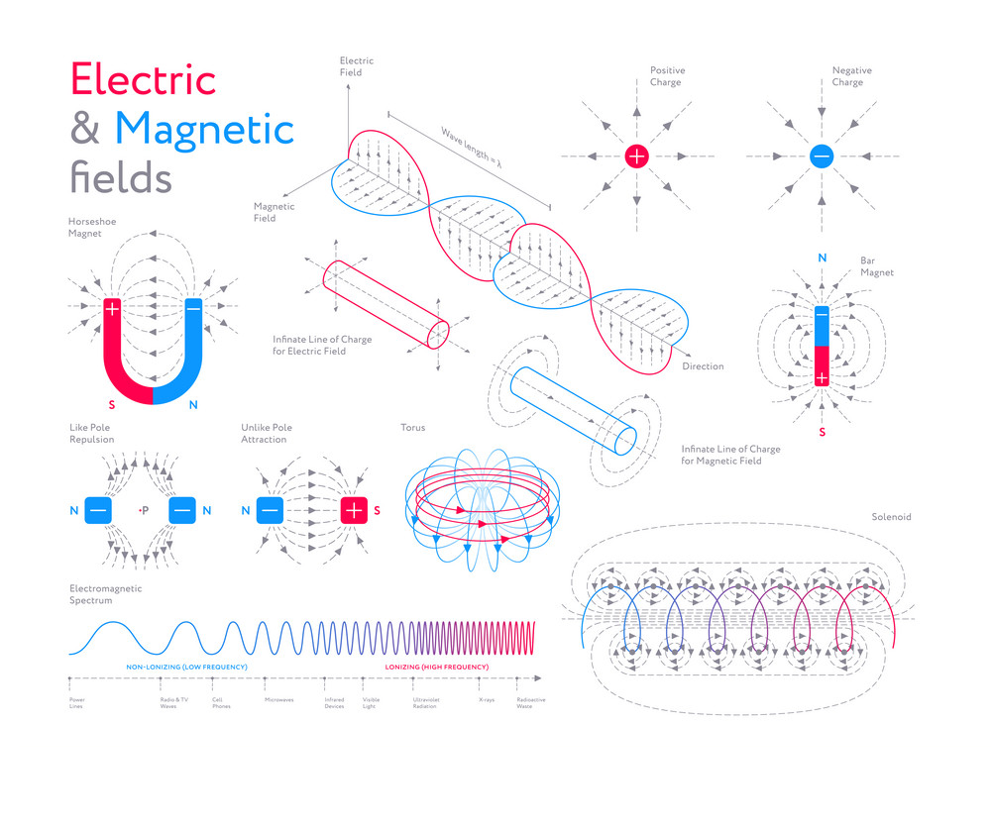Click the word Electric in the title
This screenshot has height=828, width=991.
point(143,79)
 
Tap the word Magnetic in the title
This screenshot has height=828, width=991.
point(205,130)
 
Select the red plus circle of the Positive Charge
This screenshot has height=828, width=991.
point(636,155)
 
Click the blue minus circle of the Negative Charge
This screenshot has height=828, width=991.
point(822,155)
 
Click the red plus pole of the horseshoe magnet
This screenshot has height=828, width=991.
point(112,309)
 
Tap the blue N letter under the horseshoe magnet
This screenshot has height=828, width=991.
point(192,404)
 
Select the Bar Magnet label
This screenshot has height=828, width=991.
point(877,266)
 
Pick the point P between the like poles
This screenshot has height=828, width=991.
point(143,510)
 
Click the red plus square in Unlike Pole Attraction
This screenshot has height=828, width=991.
point(354,510)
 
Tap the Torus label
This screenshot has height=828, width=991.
point(412,428)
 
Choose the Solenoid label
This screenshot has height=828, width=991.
point(891,517)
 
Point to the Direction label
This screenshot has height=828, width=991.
point(703,366)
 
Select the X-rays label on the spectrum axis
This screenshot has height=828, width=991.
point(487,700)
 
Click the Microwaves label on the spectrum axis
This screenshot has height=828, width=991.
point(278,700)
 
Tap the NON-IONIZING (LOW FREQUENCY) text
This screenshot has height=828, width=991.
point(186,667)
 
